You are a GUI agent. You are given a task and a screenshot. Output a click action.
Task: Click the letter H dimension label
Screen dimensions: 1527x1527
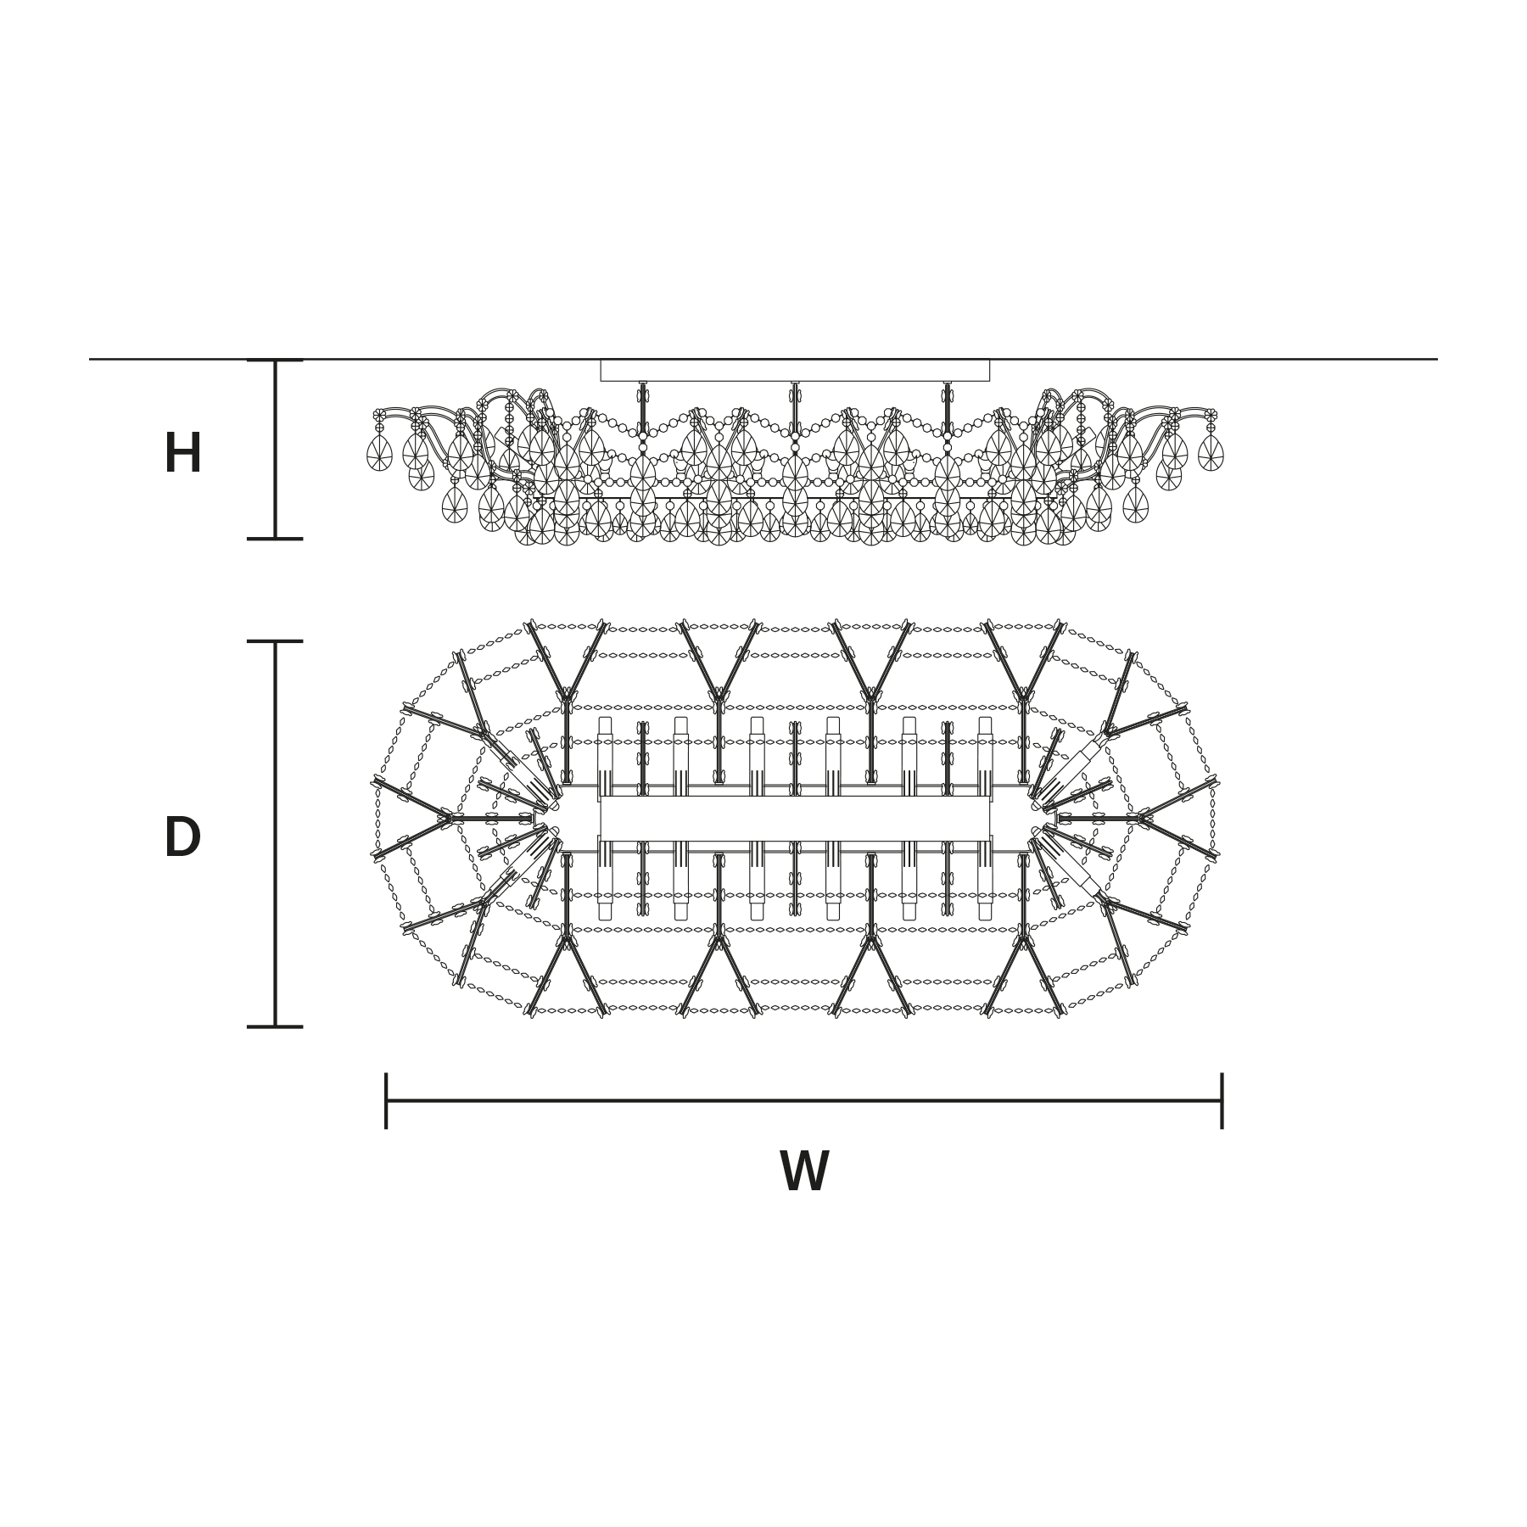click(183, 454)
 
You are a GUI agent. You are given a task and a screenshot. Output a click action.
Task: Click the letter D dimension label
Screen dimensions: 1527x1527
click(182, 837)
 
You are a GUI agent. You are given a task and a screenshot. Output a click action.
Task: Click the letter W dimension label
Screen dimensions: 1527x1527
click(804, 1172)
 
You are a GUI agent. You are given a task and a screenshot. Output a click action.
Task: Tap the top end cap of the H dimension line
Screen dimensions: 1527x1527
click(275, 361)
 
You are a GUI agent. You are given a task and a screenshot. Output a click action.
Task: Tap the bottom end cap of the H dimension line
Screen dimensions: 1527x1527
click(275, 539)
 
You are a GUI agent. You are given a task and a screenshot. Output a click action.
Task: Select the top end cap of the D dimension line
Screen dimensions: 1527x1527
click(275, 641)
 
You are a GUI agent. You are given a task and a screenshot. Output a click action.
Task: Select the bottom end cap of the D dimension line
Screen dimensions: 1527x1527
click(275, 1026)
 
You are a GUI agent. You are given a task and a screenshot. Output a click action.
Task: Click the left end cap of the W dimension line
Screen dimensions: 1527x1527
click(386, 1101)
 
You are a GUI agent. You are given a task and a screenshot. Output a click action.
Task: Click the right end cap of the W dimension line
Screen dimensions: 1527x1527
click(1222, 1101)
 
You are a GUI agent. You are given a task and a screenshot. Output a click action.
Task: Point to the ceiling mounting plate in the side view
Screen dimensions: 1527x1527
click(795, 371)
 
